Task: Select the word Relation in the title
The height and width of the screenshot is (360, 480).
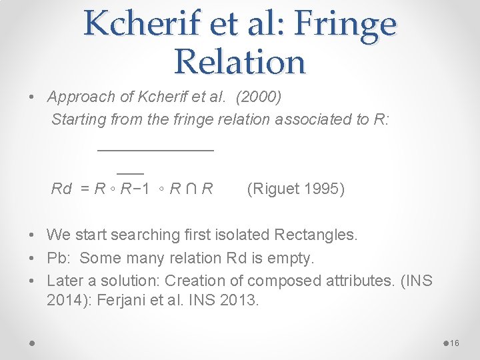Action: (239, 61)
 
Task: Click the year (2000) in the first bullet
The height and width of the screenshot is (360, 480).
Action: (259, 97)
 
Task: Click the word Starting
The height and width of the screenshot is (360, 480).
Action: (78, 119)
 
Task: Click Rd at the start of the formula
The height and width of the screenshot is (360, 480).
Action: (61, 189)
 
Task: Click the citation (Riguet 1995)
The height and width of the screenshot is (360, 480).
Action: (295, 189)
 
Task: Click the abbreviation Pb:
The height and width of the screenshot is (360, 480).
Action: (60, 258)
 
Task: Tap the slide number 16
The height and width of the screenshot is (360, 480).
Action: (455, 343)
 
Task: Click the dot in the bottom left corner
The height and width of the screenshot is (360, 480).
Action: (32, 343)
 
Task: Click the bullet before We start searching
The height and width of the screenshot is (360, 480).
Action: (32, 235)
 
